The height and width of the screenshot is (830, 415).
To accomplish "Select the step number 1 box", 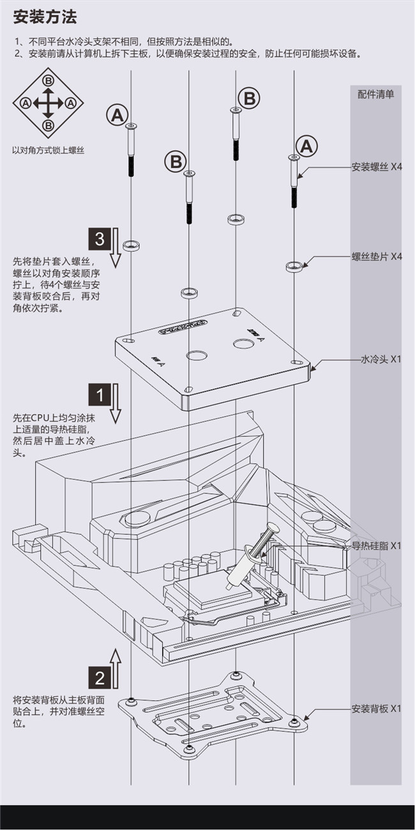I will [100, 395].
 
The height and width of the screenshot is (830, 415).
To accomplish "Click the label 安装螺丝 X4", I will [377, 167].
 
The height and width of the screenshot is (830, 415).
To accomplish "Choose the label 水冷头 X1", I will [381, 360].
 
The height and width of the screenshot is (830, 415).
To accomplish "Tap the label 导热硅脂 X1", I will [377, 546].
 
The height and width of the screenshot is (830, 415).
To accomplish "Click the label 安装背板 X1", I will [377, 709].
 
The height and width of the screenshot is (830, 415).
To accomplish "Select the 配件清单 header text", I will [375, 95].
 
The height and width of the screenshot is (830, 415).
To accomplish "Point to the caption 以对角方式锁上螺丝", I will [48, 151].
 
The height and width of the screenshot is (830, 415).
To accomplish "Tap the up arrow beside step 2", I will [116, 668].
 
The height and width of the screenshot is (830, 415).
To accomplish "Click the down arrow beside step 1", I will [116, 404].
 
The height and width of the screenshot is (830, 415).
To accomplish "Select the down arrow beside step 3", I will [116, 249].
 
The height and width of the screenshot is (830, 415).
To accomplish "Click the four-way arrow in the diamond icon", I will [48, 102].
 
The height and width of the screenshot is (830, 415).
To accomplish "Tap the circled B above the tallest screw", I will [249, 98].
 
